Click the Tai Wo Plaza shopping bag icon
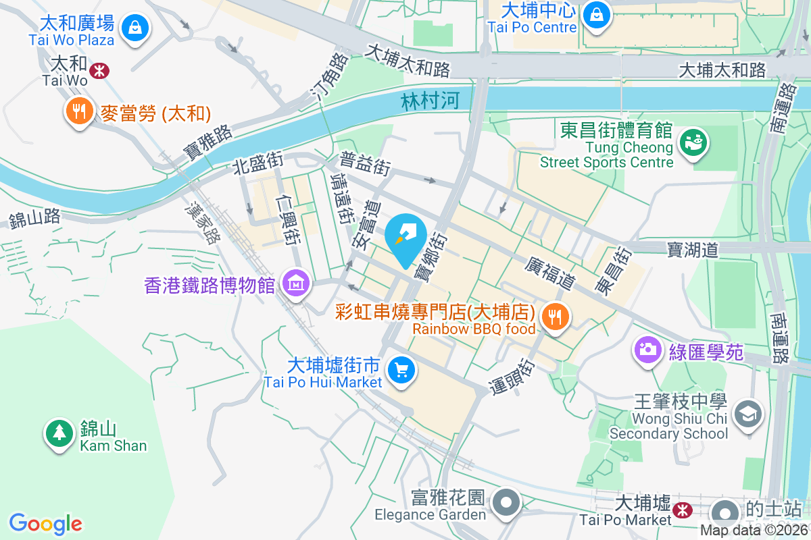(x=135, y=28)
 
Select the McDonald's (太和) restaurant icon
(x=80, y=111)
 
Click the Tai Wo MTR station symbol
(x=100, y=70)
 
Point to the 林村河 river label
(x=430, y=101)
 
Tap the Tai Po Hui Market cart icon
(x=401, y=370)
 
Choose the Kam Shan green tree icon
(x=59, y=433)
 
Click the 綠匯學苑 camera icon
(x=647, y=350)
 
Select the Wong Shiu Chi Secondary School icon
(x=747, y=413)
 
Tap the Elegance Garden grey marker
(x=506, y=503)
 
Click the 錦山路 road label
(x=34, y=219)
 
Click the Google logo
(x=46, y=524)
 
